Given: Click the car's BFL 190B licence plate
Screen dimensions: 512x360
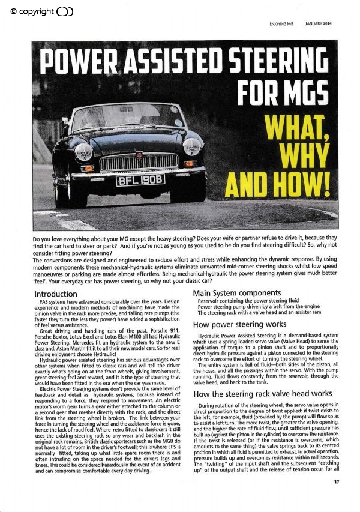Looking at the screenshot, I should coord(140,180).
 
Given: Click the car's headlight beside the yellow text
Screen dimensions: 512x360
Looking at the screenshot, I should coord(192,146).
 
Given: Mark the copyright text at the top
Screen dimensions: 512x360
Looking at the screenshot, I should coord(41,11).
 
